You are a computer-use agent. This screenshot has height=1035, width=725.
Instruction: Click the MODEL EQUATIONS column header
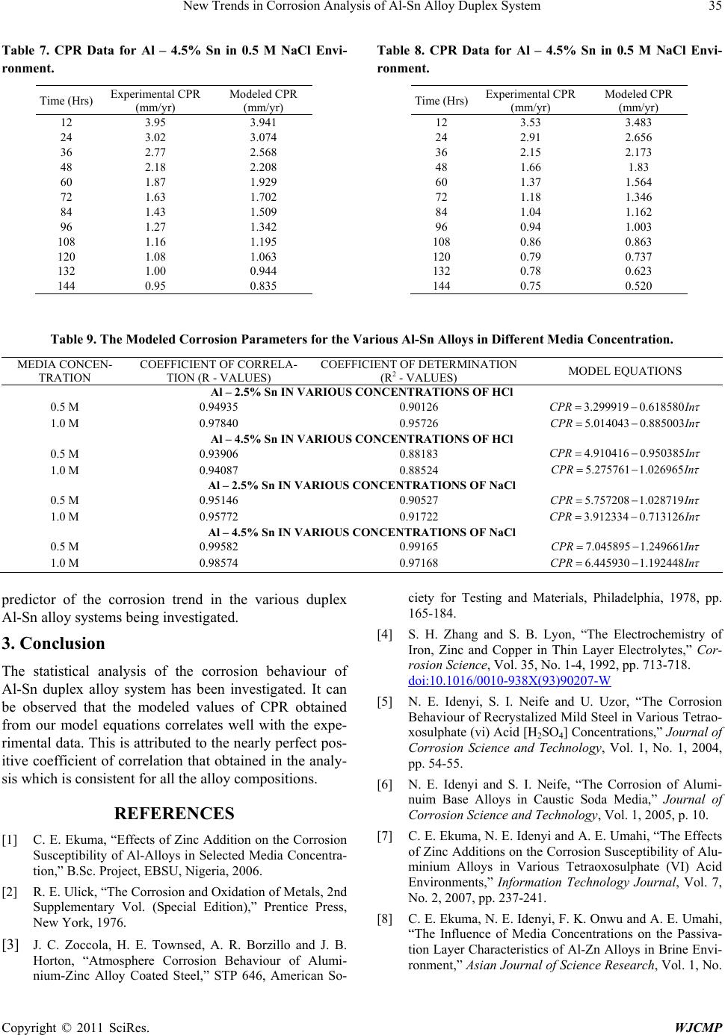(624, 371)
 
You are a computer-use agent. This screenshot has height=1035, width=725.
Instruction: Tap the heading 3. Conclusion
(55, 643)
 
